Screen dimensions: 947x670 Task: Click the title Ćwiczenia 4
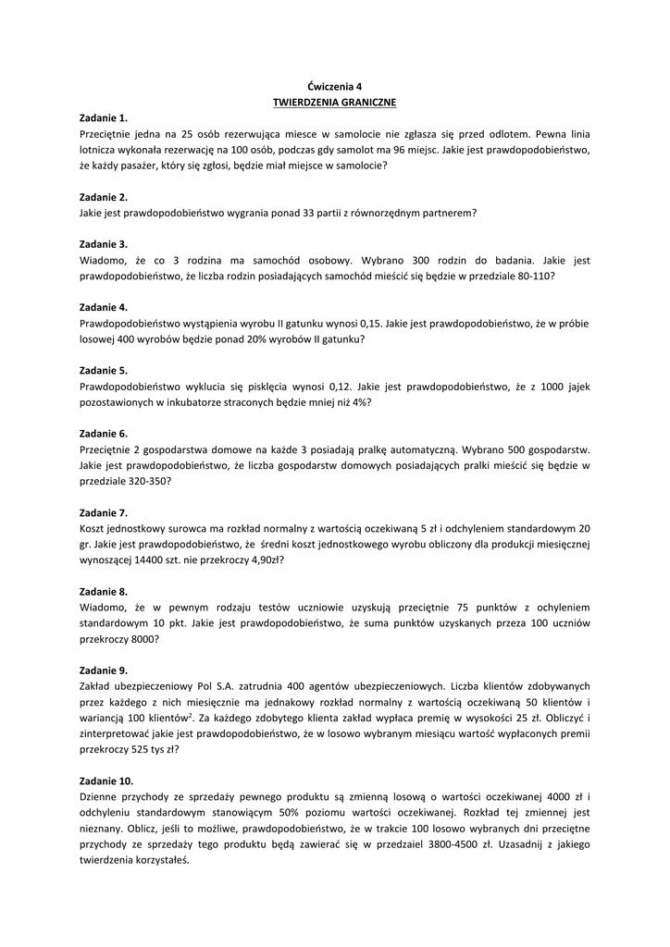click(335, 86)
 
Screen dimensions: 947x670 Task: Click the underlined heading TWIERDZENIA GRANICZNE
click(335, 102)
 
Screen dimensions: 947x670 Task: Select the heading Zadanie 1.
click(104, 117)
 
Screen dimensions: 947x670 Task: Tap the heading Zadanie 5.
click(104, 370)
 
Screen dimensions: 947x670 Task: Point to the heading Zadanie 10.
click(106, 780)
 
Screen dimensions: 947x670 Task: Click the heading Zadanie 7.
click(104, 511)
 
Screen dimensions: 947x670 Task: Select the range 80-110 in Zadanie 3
click(534, 276)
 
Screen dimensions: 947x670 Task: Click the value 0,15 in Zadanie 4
click(368, 323)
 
